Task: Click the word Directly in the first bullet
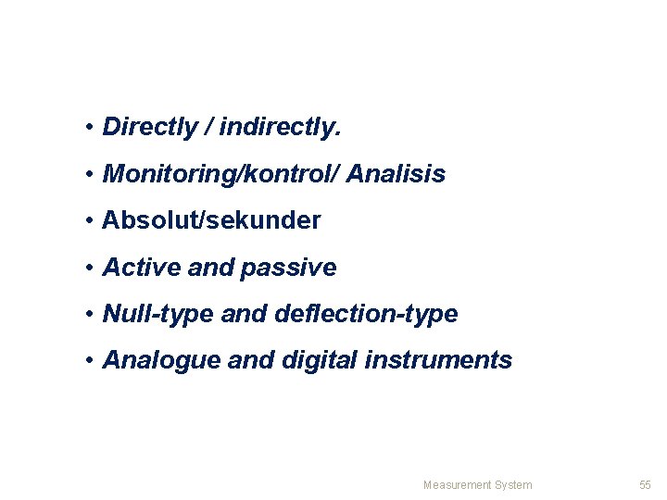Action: tap(149, 127)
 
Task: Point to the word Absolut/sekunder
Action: tap(212, 220)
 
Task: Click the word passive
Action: tap(288, 268)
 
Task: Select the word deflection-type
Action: tap(366, 314)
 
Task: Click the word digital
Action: tap(321, 360)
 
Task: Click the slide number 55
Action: tap(646, 484)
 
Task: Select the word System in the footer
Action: tap(514, 484)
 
